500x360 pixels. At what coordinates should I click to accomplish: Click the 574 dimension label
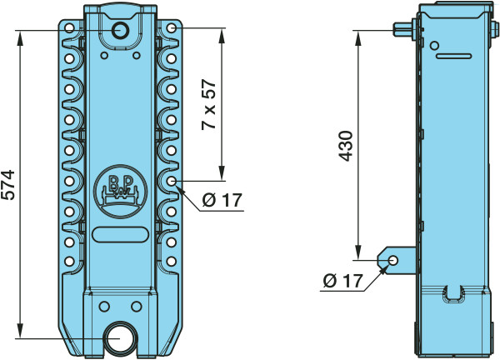tap(8, 185)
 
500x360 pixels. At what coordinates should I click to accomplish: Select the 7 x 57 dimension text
tap(209, 105)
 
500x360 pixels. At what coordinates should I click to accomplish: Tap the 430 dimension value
tap(346, 145)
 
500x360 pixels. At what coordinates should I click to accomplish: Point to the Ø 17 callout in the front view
tap(222, 200)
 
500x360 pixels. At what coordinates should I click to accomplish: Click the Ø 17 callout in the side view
tap(342, 281)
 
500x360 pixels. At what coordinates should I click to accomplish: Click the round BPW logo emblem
tap(121, 192)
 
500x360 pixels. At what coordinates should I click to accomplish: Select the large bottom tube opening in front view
tap(120, 339)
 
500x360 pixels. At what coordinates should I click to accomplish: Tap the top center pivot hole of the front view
tap(120, 31)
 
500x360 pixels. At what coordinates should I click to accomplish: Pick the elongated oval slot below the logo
tap(120, 235)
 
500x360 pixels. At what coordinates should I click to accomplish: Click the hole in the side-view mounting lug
tap(393, 261)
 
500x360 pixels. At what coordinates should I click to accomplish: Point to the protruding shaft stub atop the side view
tap(402, 30)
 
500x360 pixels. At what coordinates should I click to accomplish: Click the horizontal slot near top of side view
tap(454, 57)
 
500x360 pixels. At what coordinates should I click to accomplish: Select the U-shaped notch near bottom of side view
tap(452, 293)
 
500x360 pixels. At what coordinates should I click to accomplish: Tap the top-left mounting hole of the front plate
tap(69, 28)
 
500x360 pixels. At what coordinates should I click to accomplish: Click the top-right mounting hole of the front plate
tap(172, 28)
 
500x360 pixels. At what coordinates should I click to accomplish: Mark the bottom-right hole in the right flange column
tap(172, 262)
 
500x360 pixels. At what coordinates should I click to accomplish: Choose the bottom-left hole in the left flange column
tap(69, 262)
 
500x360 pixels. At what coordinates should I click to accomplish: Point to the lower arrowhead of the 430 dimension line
tap(358, 252)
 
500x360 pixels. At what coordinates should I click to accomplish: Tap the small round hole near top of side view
tap(434, 45)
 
